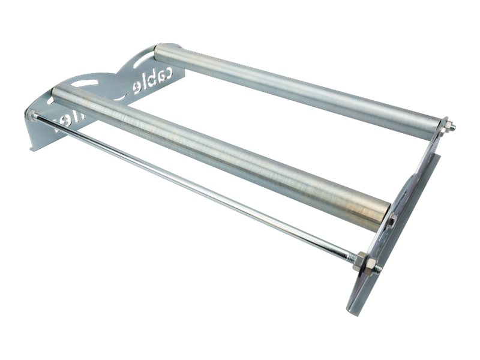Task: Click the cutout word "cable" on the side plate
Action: pos(153,83)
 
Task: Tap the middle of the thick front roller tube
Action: pos(222,156)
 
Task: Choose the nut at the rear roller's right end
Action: pos(445,125)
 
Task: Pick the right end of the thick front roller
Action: pos(381,216)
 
